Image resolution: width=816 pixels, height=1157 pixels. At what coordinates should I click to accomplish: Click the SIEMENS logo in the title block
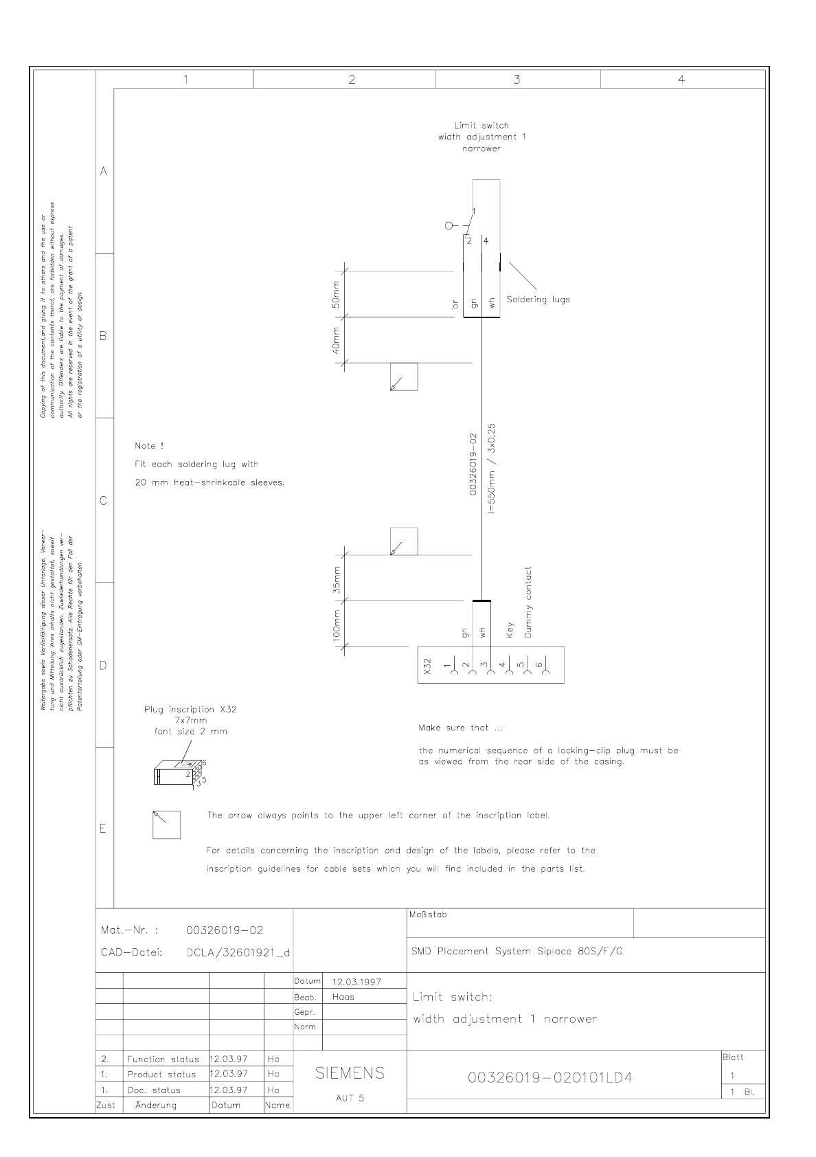350,1073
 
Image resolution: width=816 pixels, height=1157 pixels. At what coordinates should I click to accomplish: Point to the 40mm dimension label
336,340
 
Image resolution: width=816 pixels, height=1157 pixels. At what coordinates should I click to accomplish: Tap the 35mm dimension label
336,578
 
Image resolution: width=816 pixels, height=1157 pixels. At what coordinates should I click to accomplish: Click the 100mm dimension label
337,624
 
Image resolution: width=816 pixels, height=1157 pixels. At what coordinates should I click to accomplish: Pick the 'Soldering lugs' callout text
538,300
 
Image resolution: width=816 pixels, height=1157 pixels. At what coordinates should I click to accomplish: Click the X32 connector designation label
427,666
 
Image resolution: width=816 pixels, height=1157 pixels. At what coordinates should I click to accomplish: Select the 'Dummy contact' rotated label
528,603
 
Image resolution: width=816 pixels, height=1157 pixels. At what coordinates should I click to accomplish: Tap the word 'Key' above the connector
510,630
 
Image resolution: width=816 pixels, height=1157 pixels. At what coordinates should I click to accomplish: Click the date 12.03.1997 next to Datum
356,982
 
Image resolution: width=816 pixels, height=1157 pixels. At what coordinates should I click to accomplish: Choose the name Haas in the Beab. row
343,997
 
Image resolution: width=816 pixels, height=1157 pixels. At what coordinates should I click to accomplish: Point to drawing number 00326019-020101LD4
549,1078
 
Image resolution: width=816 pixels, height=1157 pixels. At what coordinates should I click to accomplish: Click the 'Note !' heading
149,447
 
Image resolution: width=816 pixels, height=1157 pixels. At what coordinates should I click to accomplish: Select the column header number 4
681,80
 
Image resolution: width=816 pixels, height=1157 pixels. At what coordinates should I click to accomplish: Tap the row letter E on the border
103,828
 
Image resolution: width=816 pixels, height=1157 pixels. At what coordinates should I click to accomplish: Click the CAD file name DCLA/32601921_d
238,953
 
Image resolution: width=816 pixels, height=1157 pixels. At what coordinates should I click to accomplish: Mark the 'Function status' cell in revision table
163,1059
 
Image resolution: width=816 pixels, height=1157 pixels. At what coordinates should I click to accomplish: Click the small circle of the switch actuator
449,225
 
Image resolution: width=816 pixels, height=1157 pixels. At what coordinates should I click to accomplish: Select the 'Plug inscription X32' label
190,709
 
